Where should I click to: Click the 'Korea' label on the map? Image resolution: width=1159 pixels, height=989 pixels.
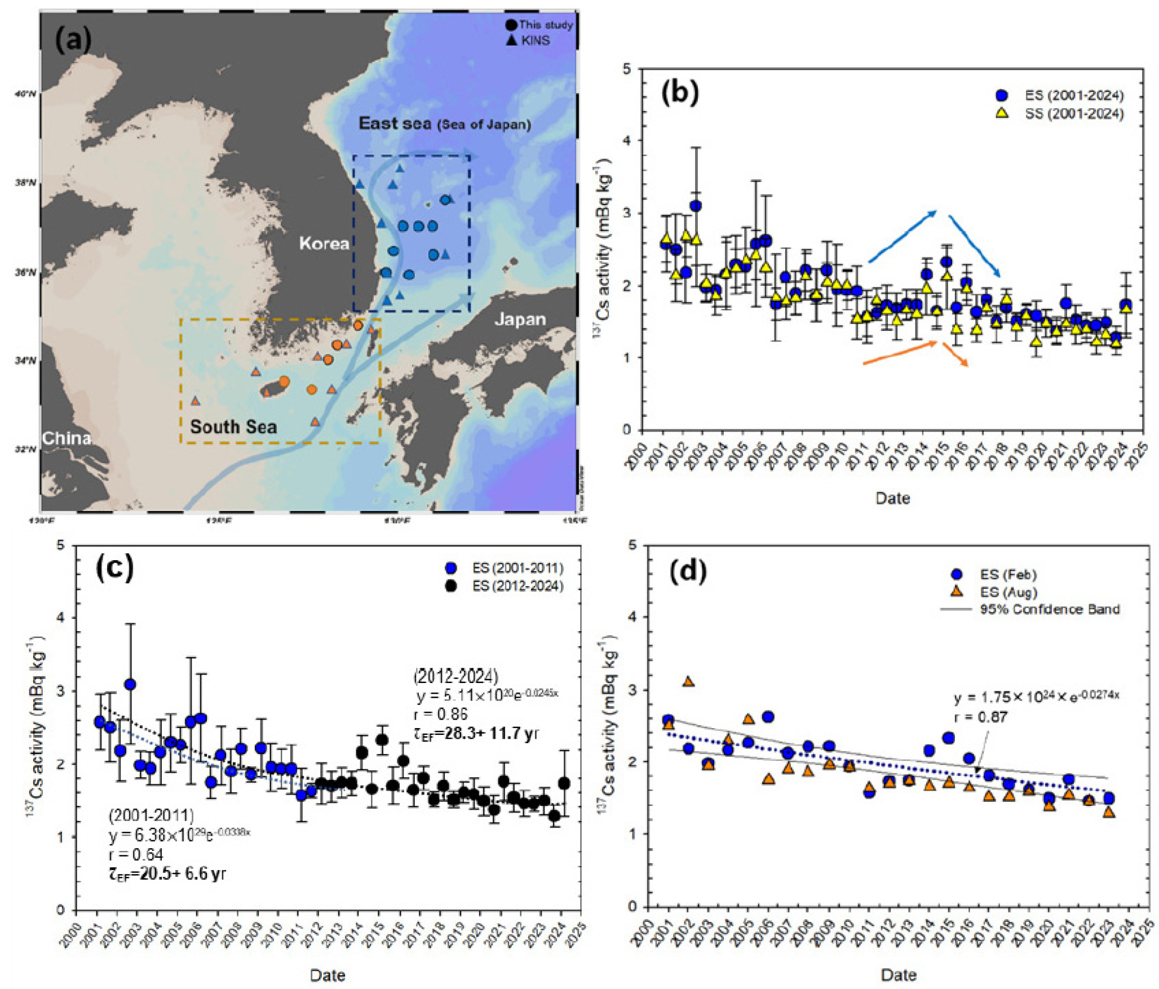point(324,243)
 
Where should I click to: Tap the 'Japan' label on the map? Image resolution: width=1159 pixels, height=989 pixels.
point(520,320)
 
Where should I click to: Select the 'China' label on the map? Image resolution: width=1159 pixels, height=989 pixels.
point(67,438)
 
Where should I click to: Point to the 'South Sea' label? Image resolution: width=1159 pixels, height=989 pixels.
point(233,427)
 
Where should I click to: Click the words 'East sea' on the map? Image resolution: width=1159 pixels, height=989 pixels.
point(395,123)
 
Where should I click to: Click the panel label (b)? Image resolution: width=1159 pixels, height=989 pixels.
point(679,92)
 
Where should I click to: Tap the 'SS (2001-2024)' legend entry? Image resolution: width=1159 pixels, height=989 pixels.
point(1074,114)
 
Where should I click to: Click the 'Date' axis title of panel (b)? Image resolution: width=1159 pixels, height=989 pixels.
point(892,498)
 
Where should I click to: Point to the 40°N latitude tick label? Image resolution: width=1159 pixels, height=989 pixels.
point(25,94)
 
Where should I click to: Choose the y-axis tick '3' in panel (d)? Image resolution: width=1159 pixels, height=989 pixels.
point(632,690)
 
